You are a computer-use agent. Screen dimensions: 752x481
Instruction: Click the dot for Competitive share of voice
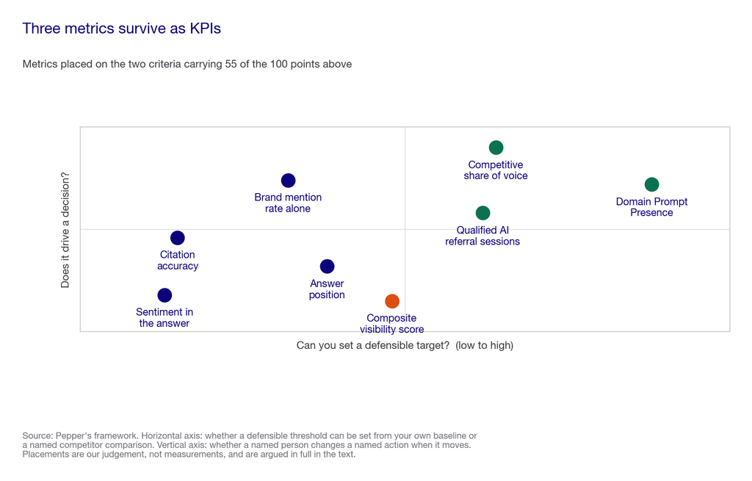496,148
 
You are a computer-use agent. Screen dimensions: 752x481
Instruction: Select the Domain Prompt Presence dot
651,184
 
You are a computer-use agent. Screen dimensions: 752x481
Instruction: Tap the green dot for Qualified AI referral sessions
482,213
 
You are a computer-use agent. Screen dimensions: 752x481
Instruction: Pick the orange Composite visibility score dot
392,301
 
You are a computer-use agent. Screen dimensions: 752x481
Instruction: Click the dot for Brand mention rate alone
288,181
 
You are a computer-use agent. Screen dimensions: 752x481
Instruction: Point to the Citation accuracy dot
178,238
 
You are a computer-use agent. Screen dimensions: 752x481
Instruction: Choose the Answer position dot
327,267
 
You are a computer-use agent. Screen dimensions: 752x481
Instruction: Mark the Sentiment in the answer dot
164,295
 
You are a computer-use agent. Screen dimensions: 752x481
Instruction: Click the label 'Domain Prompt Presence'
651,207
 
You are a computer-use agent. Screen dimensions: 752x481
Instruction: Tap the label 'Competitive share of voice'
496,170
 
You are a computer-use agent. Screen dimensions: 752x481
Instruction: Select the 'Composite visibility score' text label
392,324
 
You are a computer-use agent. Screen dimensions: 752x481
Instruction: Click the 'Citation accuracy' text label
178,261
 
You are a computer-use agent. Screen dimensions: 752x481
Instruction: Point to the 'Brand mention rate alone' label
288,203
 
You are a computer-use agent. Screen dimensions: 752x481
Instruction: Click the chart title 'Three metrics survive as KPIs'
121,29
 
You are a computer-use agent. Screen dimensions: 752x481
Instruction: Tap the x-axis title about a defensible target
405,345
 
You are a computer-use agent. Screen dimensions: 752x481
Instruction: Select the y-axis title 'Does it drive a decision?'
65,230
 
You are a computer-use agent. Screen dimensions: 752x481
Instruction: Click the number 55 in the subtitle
231,65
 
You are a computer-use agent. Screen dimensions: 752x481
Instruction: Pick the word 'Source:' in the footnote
37,436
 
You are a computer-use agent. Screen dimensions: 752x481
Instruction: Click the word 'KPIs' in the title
206,29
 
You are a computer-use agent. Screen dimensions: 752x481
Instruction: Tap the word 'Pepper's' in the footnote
71,436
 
